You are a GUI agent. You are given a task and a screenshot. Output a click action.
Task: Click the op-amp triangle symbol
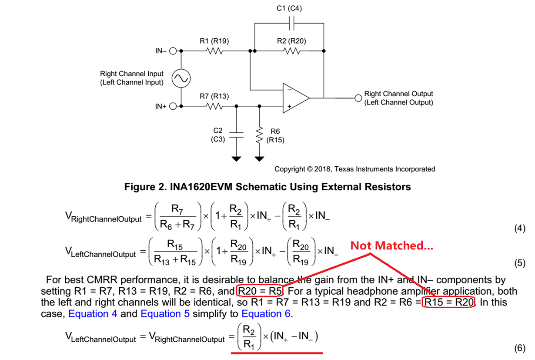tap(295, 98)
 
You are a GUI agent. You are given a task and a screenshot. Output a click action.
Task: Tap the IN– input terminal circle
tap(173, 51)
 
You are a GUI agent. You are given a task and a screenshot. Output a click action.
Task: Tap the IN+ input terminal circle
tap(173, 106)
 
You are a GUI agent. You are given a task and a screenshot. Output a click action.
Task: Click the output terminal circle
tap(358, 98)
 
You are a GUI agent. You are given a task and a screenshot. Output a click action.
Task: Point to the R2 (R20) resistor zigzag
tap(291, 51)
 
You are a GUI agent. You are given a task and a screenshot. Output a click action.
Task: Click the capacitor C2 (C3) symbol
tap(236, 134)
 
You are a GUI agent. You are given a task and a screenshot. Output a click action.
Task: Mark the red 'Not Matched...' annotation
tap(391, 246)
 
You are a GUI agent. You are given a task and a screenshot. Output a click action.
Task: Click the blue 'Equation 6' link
tap(267, 314)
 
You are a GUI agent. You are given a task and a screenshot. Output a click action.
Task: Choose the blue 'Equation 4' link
tap(93, 314)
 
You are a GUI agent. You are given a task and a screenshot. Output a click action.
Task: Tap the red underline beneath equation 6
tap(277, 353)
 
